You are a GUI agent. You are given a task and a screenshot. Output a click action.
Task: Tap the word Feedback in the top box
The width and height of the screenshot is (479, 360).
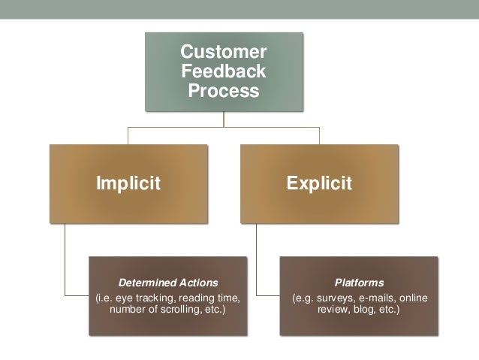pyautogui.click(x=223, y=73)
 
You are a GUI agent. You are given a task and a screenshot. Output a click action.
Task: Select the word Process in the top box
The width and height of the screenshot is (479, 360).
pyautogui.click(x=223, y=92)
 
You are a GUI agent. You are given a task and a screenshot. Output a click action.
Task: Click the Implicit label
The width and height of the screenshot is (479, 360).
pyautogui.click(x=127, y=183)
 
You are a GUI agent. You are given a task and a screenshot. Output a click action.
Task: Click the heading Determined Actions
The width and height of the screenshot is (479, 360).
pyautogui.click(x=167, y=283)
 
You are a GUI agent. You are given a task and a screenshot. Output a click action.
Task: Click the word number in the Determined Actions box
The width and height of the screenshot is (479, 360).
pyautogui.click(x=127, y=309)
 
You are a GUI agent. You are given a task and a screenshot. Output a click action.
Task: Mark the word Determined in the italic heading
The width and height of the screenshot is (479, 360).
pyautogui.click(x=148, y=283)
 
